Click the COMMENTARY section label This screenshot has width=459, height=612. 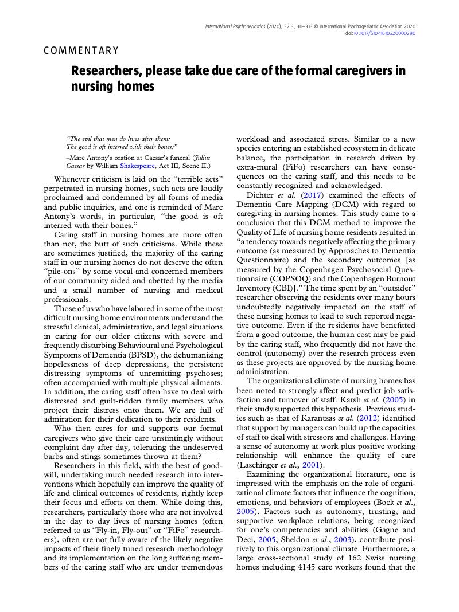tap(81, 50)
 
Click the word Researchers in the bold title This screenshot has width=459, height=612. tap(106, 71)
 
